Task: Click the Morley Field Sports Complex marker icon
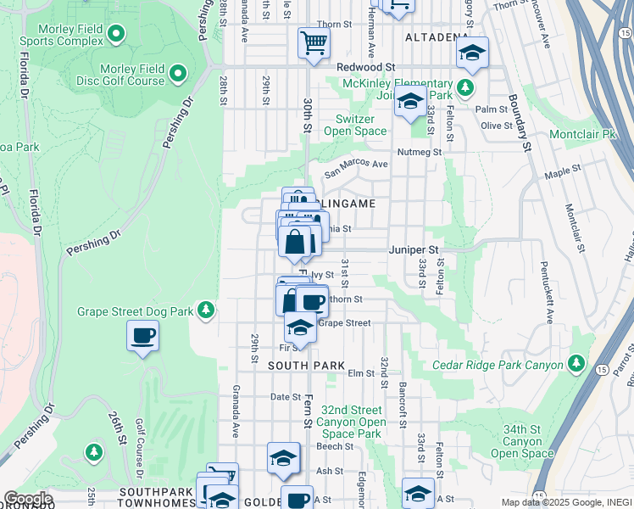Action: point(116,35)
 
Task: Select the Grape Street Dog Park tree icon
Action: point(205,310)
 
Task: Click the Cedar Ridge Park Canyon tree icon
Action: point(576,365)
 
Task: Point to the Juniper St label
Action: point(413,250)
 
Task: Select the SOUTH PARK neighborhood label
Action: point(306,366)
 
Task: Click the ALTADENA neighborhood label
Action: point(437,38)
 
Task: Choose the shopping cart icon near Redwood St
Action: point(314,42)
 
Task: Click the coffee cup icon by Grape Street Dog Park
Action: point(142,336)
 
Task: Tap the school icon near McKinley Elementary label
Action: point(411,101)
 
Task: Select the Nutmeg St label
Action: point(425,152)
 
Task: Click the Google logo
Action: point(27,499)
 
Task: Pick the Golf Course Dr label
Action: point(141,476)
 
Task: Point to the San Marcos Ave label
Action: point(356,165)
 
